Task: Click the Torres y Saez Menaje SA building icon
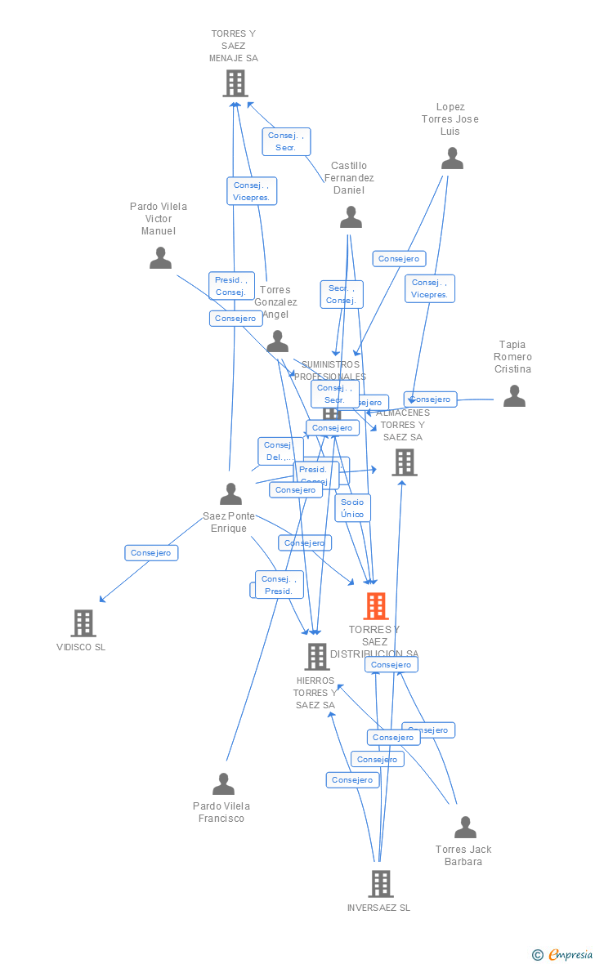point(235,83)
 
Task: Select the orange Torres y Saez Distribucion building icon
point(376,606)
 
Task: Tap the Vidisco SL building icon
point(83,623)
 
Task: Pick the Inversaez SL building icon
point(381,883)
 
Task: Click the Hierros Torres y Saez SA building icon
point(317,656)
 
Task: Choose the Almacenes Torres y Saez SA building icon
point(405,462)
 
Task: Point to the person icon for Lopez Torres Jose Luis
point(452,158)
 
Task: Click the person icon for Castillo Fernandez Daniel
point(351,217)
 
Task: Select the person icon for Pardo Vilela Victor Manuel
point(161,258)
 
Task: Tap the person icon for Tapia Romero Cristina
point(514,396)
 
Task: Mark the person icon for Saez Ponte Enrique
point(231,494)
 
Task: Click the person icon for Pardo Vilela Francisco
point(223,784)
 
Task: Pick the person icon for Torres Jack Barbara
point(465,828)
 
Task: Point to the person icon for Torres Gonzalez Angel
point(278,341)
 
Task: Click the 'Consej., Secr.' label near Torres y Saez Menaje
point(286,141)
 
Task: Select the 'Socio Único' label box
point(352,508)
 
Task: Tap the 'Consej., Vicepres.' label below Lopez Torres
point(430,288)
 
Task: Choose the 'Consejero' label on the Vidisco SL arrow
point(151,553)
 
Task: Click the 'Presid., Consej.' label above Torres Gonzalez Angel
point(231,286)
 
